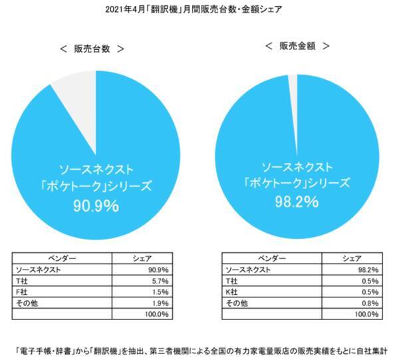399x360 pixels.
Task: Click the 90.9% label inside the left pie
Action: tap(96, 206)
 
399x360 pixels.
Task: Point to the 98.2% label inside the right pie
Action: tap(297, 200)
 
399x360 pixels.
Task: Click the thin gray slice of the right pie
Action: tap(293, 83)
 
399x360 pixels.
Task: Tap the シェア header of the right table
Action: tap(351, 259)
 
